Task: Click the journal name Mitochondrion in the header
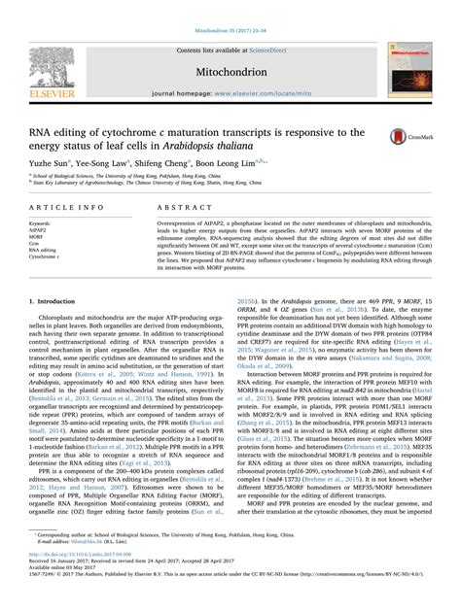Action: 230,45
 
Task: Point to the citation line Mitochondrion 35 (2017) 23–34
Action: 230,6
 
